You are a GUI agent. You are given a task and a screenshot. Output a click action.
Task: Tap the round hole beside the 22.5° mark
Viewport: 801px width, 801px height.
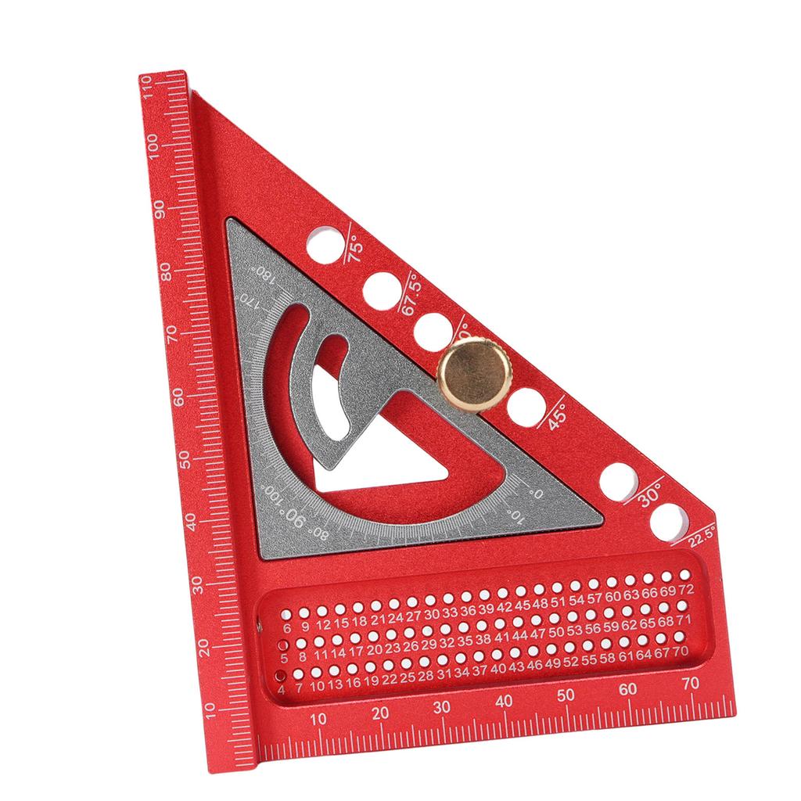[x=667, y=521]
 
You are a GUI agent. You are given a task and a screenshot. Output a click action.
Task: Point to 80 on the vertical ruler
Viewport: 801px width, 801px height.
[x=165, y=272]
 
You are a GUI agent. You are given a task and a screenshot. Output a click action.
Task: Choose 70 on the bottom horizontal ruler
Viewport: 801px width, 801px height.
[x=690, y=683]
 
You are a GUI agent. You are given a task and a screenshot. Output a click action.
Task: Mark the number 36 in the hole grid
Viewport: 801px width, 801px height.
[x=468, y=612]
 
